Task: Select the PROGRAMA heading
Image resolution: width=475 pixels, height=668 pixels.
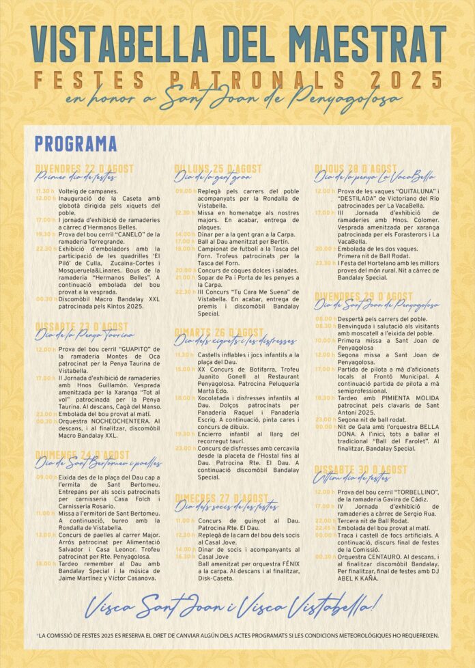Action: tap(76, 144)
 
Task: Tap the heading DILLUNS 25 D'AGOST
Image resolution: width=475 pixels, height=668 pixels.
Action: tap(218, 169)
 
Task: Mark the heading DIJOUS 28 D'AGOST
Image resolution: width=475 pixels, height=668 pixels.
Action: tap(356, 168)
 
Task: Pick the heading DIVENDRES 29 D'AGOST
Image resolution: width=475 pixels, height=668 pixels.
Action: tap(364, 296)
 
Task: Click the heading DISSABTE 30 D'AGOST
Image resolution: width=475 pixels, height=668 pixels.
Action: tap(360, 470)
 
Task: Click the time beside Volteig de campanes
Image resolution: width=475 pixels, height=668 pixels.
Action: tap(44, 191)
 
